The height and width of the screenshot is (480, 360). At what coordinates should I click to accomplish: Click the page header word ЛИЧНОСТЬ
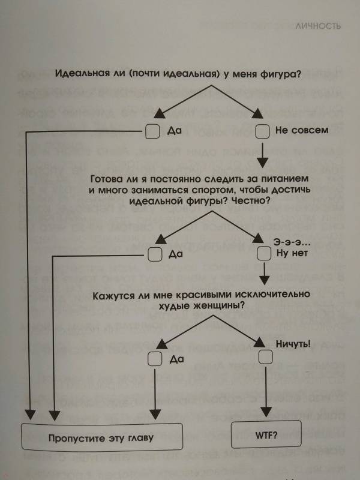[x=318, y=26]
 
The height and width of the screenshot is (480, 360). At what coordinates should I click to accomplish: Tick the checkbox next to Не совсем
[x=263, y=131]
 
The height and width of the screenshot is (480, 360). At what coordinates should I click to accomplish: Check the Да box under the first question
[x=152, y=131]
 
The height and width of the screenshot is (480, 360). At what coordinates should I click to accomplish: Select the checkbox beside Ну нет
[x=264, y=254]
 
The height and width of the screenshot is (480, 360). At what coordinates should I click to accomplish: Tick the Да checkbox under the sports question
[x=155, y=254]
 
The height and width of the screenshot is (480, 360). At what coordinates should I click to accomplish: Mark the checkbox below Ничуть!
[x=265, y=356]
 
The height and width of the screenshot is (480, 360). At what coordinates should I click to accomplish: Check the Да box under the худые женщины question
[x=155, y=359]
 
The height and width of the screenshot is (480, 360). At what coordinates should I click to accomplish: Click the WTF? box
[x=266, y=434]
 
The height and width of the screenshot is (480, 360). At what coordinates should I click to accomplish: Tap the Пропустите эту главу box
[x=102, y=437]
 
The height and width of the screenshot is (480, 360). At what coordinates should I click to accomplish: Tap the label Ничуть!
[x=293, y=344]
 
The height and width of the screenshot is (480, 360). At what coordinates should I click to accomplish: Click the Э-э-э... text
[x=292, y=242]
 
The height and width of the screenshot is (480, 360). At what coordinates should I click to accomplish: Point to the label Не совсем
[x=302, y=130]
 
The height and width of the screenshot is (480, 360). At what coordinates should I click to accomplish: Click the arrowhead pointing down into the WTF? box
[x=266, y=412]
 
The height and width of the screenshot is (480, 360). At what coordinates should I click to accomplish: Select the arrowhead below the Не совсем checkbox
[x=263, y=163]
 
